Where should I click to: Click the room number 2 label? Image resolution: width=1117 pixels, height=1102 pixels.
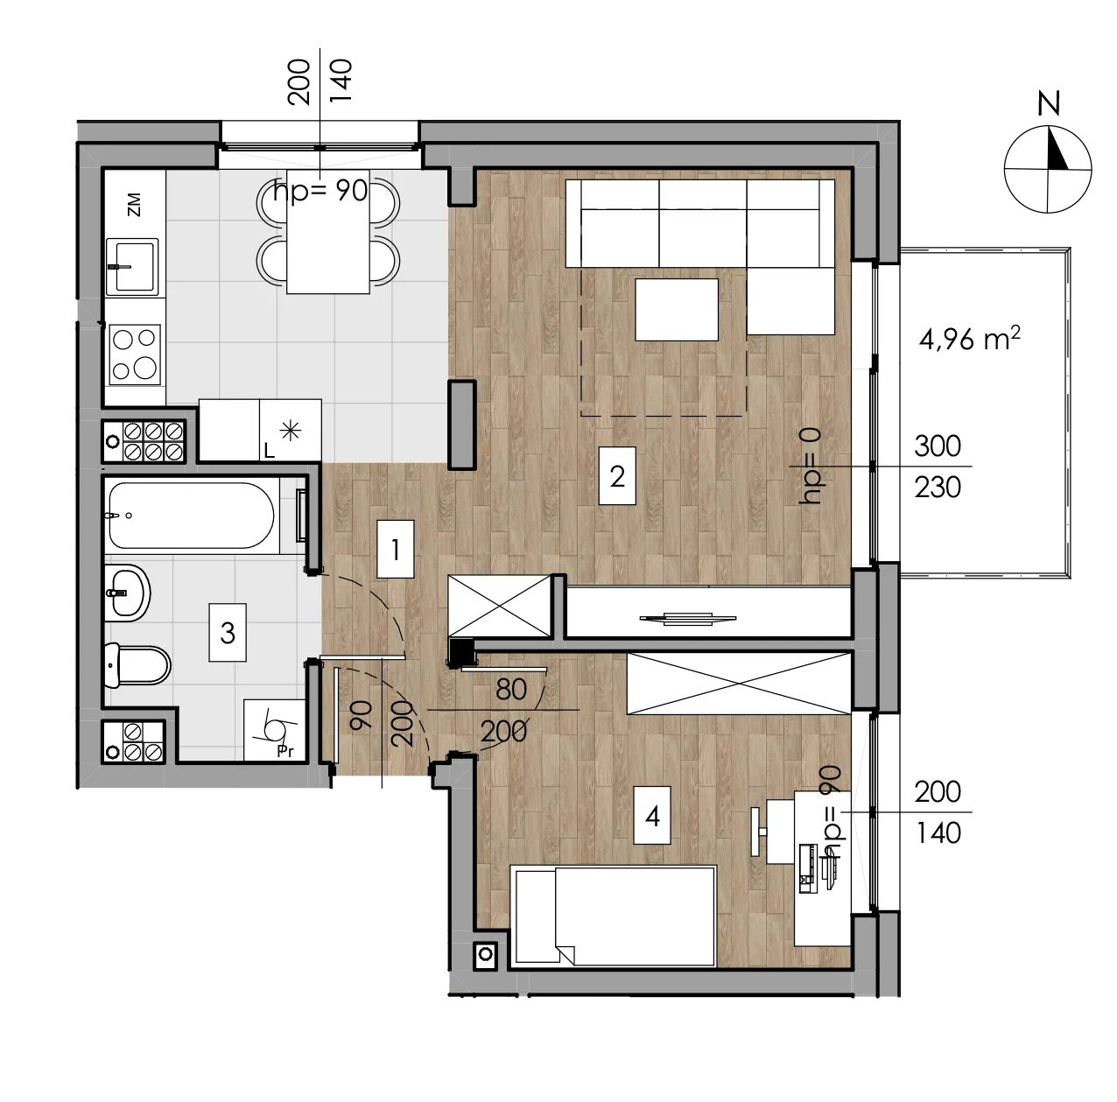(617, 476)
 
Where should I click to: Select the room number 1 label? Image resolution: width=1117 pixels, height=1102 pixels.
(396, 549)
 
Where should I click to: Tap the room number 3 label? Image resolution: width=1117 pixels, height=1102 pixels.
(228, 633)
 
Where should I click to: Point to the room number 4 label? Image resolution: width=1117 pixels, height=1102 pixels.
(653, 816)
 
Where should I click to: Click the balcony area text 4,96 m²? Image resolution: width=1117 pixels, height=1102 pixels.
(969, 339)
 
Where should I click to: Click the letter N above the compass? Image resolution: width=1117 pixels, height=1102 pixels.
(1048, 104)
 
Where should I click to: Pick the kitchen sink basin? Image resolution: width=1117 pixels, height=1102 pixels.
(133, 266)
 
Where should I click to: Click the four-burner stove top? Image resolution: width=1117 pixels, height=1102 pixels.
(135, 354)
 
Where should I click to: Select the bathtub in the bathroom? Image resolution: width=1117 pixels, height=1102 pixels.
(192, 516)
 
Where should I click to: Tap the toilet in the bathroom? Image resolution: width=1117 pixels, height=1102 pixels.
(137, 665)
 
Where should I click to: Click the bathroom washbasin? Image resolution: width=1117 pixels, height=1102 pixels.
(128, 593)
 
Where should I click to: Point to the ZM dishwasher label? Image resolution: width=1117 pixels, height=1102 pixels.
(134, 205)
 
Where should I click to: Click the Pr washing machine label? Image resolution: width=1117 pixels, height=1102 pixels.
(285, 751)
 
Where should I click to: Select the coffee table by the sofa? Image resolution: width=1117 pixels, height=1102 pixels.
(677, 310)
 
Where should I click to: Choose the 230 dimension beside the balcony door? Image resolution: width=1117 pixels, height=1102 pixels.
(938, 488)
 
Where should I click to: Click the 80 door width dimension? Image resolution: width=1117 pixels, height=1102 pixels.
(511, 689)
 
